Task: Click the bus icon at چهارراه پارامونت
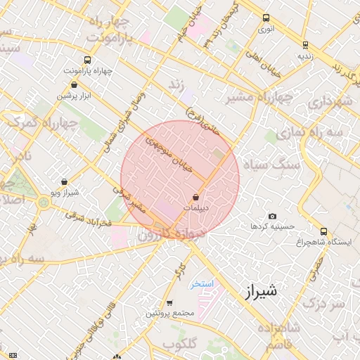(x=86, y=60)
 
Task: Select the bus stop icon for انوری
(x=266, y=19)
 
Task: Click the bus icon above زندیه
(x=304, y=44)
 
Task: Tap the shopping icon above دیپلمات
(x=195, y=198)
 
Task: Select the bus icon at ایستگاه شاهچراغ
(x=323, y=231)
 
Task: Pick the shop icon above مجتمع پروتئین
(x=169, y=303)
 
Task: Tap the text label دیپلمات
(x=197, y=209)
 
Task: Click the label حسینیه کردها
(x=267, y=226)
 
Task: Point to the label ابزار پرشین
(x=76, y=96)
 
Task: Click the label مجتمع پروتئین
(x=167, y=313)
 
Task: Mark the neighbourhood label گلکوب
(x=179, y=343)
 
